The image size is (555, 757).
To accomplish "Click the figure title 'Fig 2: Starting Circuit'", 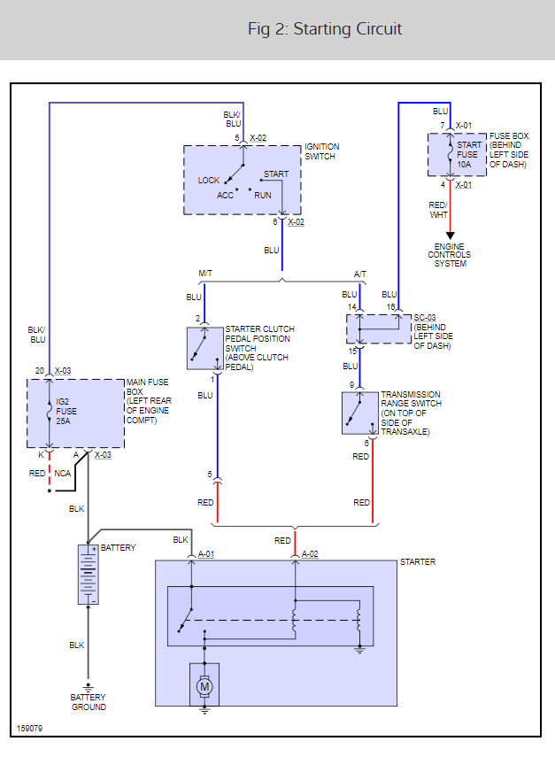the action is [x=324, y=29].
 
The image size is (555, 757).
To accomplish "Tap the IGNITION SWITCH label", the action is [x=321, y=151].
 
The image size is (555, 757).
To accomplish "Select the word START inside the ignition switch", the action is [x=276, y=174].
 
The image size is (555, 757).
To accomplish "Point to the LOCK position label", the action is [x=209, y=180].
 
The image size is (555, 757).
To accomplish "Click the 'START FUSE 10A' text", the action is [x=468, y=154].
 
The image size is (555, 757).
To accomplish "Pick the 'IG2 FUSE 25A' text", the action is [x=66, y=412].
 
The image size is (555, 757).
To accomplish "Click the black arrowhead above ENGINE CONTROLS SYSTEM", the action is [x=450, y=236].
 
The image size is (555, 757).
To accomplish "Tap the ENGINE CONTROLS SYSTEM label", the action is [x=450, y=255].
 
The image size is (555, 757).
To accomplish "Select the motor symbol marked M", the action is [x=204, y=686].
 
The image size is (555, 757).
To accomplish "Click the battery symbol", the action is [x=88, y=575].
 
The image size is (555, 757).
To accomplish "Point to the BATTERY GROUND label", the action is [x=89, y=702].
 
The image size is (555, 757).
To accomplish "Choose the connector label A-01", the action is [x=206, y=553].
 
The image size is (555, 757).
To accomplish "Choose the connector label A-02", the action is [x=310, y=553].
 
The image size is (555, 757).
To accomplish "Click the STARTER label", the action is [x=418, y=562].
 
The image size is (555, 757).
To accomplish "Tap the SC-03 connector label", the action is [x=425, y=318].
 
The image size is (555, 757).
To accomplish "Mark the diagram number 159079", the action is [x=29, y=728].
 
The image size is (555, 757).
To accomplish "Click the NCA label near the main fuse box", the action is [x=62, y=473].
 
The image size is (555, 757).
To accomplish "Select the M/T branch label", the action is [x=205, y=274].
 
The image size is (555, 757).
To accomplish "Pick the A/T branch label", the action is [x=360, y=274].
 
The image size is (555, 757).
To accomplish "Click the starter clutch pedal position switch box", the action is [x=205, y=349].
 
